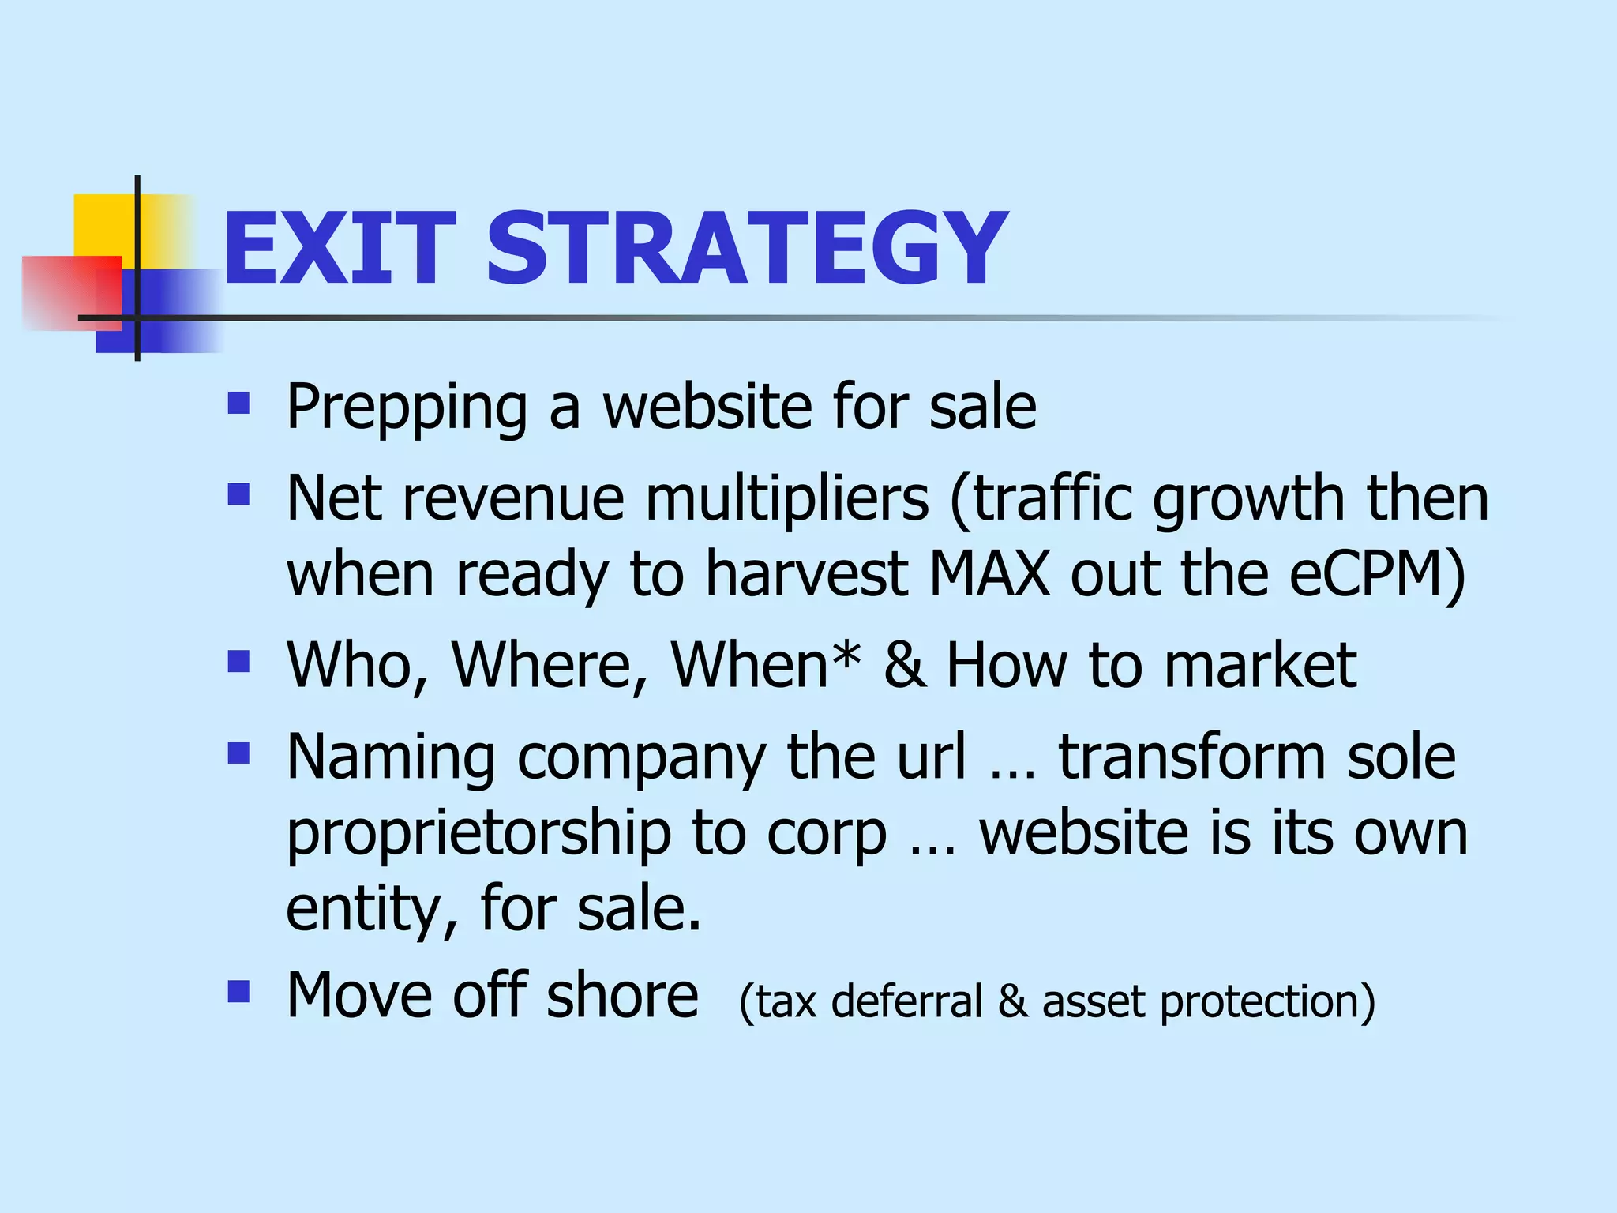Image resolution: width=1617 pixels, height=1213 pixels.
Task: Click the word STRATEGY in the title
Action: click(x=746, y=250)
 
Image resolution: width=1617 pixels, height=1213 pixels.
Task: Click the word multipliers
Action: click(x=787, y=501)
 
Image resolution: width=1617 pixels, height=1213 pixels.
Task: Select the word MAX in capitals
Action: click(x=989, y=574)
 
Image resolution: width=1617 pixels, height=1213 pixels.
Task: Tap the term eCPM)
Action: click(x=1377, y=574)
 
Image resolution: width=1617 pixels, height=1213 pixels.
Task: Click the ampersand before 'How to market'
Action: click(x=904, y=665)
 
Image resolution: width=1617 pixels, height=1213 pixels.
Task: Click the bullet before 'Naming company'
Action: click(x=238, y=753)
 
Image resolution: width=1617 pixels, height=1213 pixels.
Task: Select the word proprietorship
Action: click(x=478, y=836)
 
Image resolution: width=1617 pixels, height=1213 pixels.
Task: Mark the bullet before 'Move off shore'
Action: click(x=238, y=991)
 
